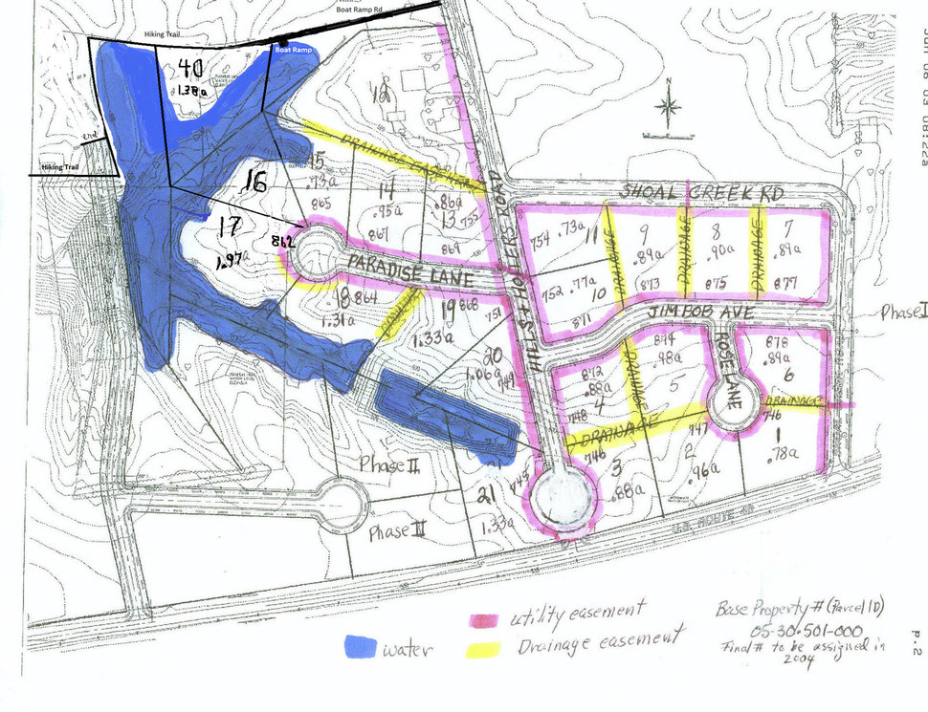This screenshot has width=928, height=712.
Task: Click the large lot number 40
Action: (x=190, y=68)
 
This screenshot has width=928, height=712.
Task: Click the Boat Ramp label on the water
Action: (x=293, y=50)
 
